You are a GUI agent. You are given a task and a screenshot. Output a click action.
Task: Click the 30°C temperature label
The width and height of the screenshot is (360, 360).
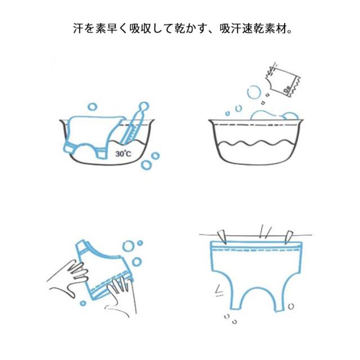click(124, 154)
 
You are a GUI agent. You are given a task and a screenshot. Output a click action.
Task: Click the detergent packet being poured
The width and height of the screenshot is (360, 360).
click(283, 80)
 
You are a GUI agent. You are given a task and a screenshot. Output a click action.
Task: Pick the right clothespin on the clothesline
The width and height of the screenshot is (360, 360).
click(289, 237)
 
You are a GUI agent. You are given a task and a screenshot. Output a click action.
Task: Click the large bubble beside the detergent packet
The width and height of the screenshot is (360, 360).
click(254, 92)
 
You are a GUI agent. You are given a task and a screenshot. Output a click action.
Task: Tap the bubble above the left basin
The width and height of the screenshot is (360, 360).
click(93, 107)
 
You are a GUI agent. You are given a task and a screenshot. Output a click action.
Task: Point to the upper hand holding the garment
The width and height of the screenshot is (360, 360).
click(69, 278)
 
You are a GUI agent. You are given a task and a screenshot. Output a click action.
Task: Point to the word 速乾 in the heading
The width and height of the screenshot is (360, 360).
click(254, 29)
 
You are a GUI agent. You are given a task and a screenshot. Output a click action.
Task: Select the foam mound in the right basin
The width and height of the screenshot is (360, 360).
click(274, 115)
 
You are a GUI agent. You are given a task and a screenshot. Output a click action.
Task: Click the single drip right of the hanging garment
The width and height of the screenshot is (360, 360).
click(291, 306)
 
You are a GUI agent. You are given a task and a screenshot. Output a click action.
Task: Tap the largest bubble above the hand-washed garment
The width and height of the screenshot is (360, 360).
click(128, 246)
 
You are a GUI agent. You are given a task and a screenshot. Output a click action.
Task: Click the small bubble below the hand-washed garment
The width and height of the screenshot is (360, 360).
click(83, 303)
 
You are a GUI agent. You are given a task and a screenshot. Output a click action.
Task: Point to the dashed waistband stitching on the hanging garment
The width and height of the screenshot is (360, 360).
click(255, 250)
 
